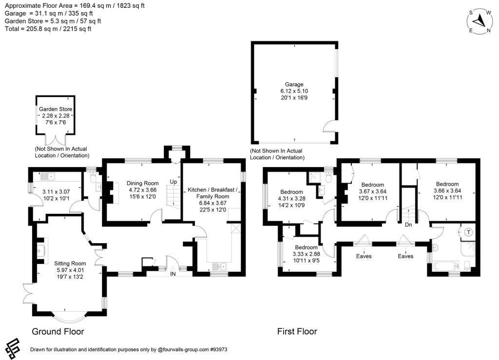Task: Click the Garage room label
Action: [294, 84]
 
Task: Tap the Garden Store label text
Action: [56, 109]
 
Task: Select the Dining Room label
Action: [140, 184]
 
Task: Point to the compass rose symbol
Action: [480, 20]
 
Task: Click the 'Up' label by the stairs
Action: [173, 182]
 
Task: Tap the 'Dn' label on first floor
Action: [409, 225]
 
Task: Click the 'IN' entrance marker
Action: [173, 274]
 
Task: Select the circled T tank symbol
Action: [469, 232]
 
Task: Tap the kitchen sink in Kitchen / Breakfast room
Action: [217, 266]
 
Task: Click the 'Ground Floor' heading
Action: [58, 332]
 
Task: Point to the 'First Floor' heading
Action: [297, 332]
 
